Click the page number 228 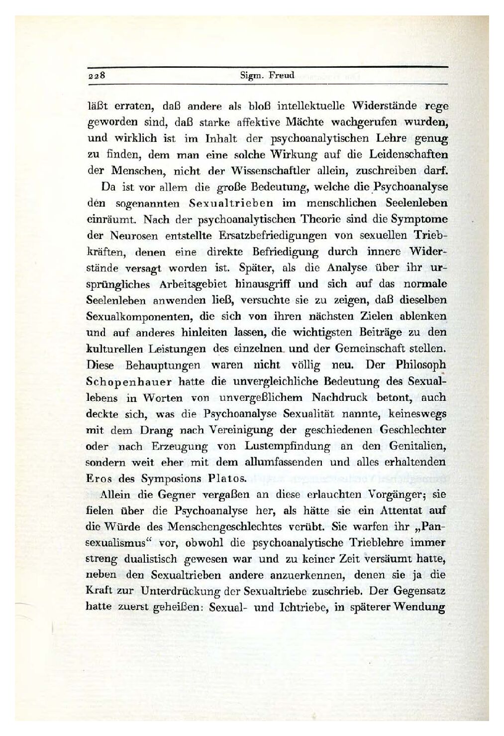point(95,76)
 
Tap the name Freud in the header point(282,76)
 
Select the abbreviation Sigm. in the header point(252,76)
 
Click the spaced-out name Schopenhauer point(131,381)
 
